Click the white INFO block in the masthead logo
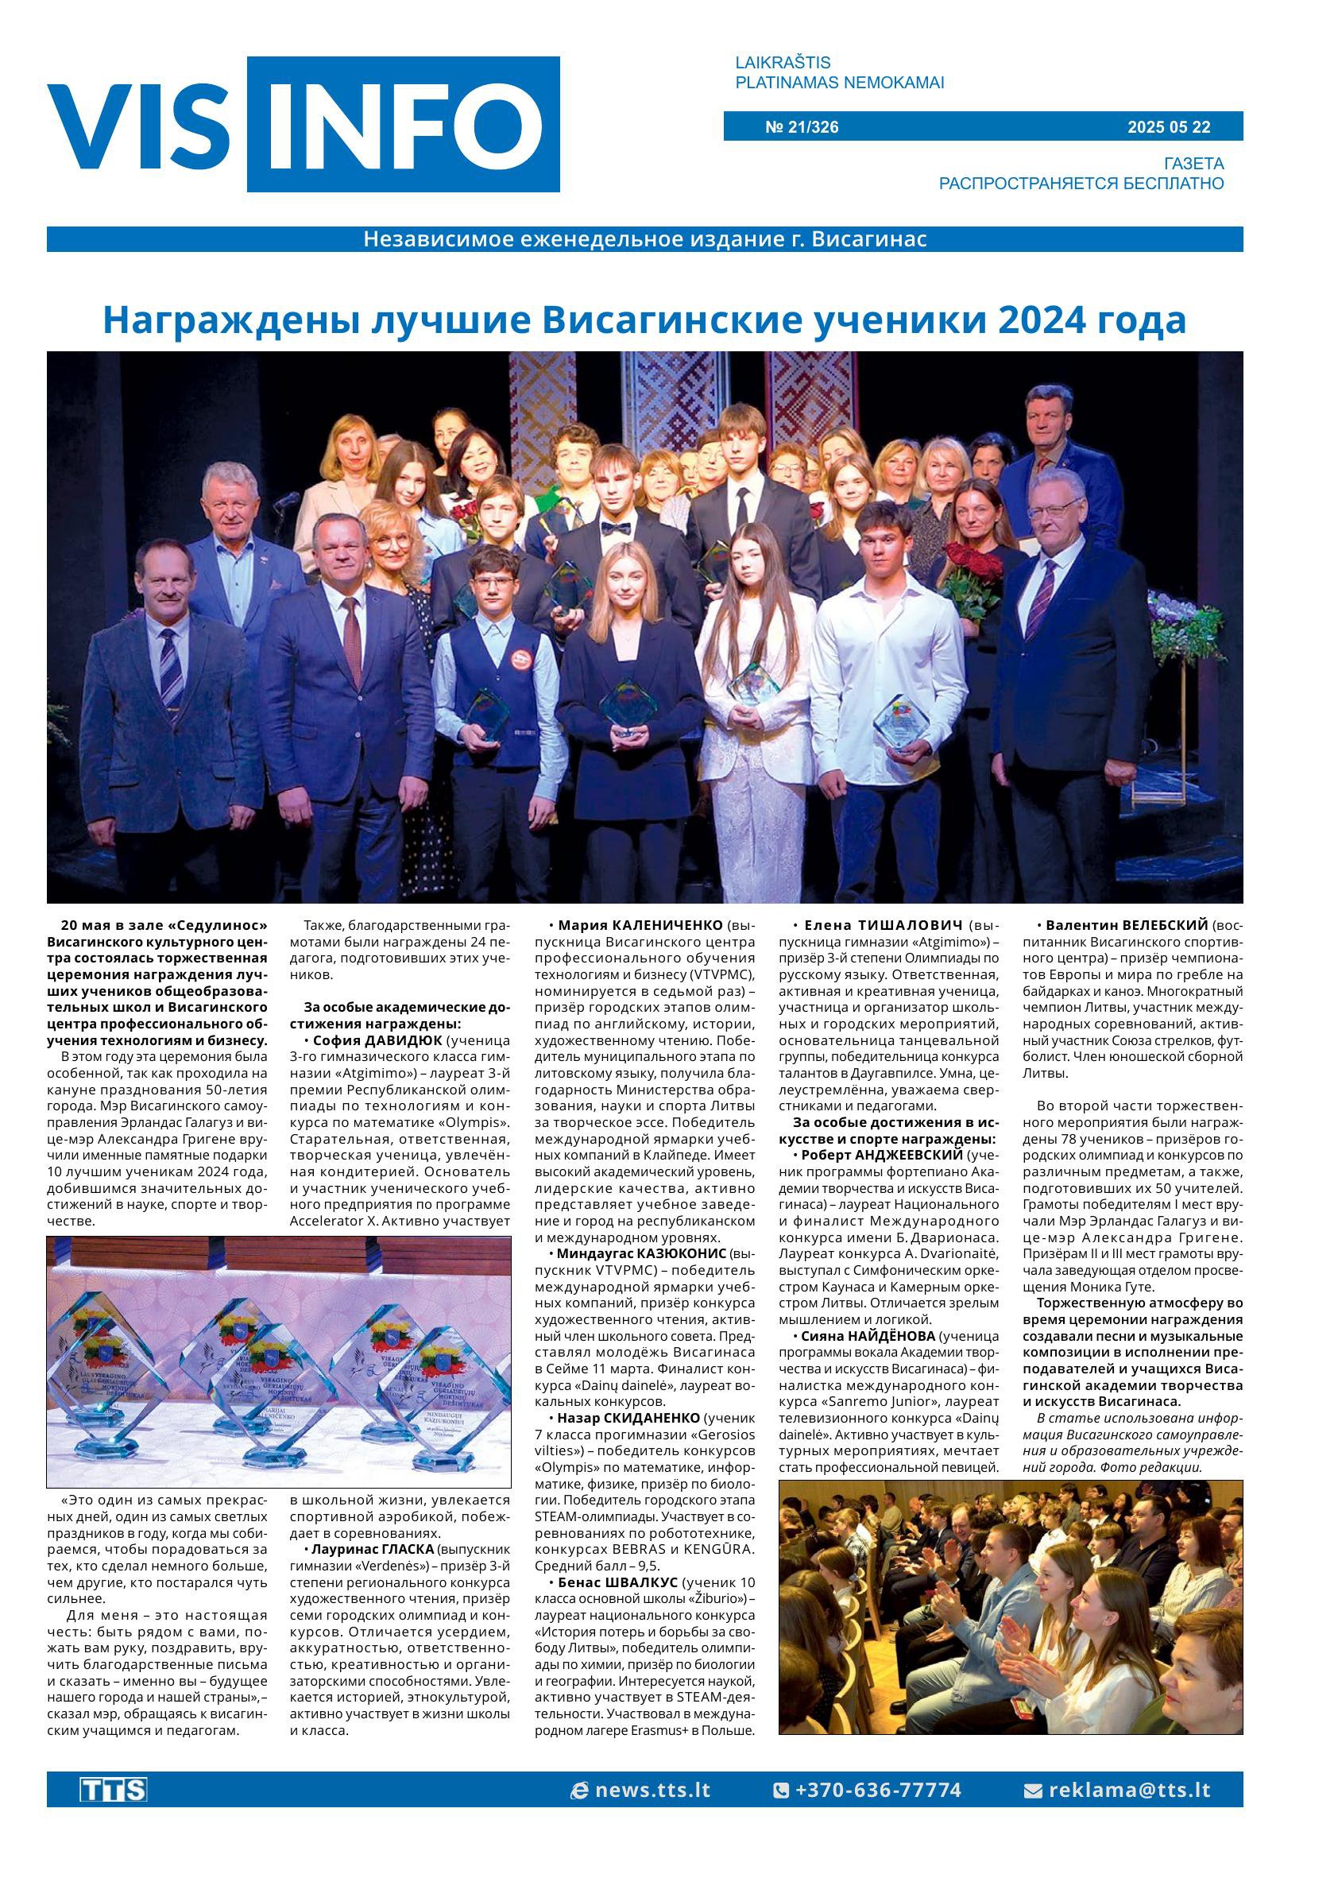tap(404, 125)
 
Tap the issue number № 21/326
tap(802, 127)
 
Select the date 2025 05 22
tap(1169, 127)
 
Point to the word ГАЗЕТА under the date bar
tap(1193, 163)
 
